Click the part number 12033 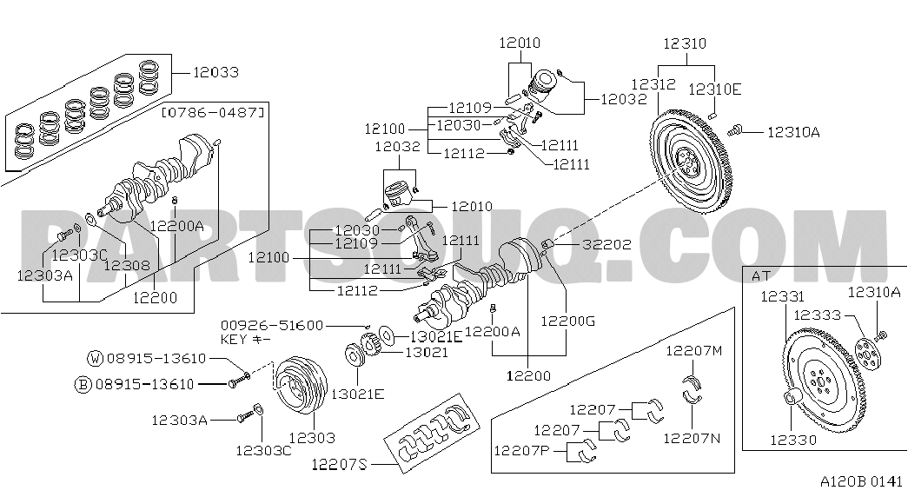click(x=215, y=72)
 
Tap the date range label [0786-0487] click(x=213, y=112)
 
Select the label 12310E click(x=714, y=89)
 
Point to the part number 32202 click(x=606, y=244)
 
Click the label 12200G click(x=567, y=321)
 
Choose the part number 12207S click(x=340, y=464)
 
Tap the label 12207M click(x=693, y=350)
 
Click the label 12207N click(x=692, y=438)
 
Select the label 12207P click(x=521, y=450)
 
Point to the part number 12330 click(x=792, y=440)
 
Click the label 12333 click(x=817, y=315)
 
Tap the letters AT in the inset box click(x=761, y=276)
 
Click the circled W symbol click(x=96, y=359)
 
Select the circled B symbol click(x=83, y=384)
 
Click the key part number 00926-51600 click(x=272, y=326)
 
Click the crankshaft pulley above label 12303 click(x=300, y=387)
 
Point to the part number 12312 click(x=653, y=84)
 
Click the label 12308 click(x=127, y=266)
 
